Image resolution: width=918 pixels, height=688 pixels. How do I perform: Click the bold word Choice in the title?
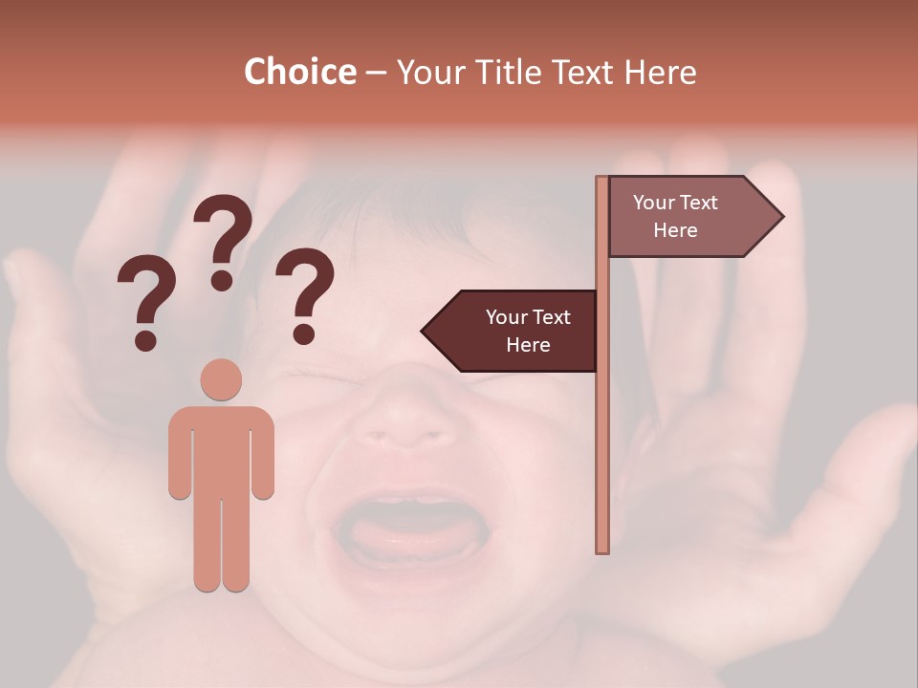click(x=299, y=72)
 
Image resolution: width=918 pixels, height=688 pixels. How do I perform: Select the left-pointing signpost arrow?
click(x=512, y=331)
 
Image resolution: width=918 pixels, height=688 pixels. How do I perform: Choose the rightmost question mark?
click(x=305, y=291)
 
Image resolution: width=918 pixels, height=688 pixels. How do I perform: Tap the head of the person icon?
click(x=221, y=379)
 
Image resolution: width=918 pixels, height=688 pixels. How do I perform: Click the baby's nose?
click(x=406, y=411)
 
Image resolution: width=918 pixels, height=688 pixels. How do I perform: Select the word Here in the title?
click(x=660, y=72)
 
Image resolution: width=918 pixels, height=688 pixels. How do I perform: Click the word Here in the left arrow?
click(x=528, y=345)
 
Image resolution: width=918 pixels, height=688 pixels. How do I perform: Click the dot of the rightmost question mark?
click(x=304, y=334)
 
